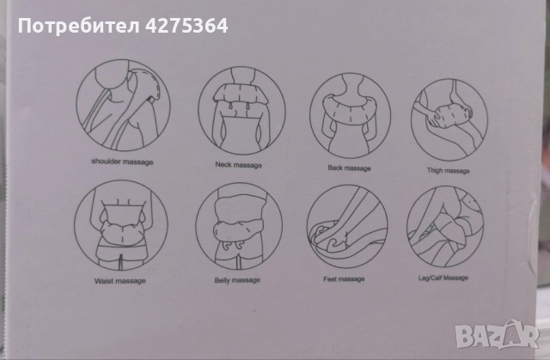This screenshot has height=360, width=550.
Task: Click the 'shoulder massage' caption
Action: pyautogui.click(x=122, y=162)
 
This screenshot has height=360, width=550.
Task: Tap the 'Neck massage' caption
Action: pyautogui.click(x=239, y=165)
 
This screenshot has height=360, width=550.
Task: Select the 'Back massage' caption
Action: pyautogui.click(x=349, y=168)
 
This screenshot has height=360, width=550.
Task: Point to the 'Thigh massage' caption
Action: pyautogui.click(x=449, y=170)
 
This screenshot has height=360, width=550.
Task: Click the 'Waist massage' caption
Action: pyautogui.click(x=120, y=281)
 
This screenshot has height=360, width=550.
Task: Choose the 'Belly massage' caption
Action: pyautogui.click(x=237, y=280)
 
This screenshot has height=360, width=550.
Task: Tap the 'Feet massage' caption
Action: pyautogui.click(x=344, y=279)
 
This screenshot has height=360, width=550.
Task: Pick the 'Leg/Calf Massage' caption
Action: pyautogui.click(x=443, y=278)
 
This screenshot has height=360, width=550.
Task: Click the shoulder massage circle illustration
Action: pyautogui.click(x=123, y=105)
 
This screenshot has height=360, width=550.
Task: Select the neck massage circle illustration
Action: pyautogui.click(x=241, y=111)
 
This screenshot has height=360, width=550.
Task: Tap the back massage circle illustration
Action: pyautogui.click(x=350, y=116)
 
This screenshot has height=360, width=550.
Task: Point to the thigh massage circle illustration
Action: pyautogui.click(x=449, y=119)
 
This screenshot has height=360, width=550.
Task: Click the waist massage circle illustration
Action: pyautogui.click(x=121, y=225)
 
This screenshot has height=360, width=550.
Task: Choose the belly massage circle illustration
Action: pyautogui.click(x=239, y=226)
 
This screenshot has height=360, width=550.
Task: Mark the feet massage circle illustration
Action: pyautogui.click(x=347, y=227)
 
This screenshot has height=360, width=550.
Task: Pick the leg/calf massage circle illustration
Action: pyautogui.click(x=445, y=227)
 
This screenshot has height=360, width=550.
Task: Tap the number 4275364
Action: pyautogui.click(x=186, y=26)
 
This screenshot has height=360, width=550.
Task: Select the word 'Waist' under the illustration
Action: pyautogui.click(x=104, y=281)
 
